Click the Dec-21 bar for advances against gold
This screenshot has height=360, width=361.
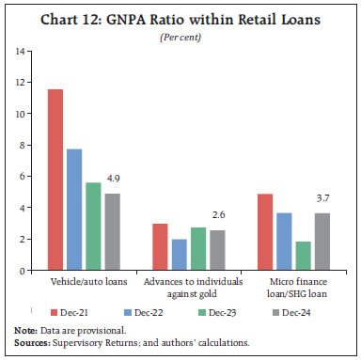160,247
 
